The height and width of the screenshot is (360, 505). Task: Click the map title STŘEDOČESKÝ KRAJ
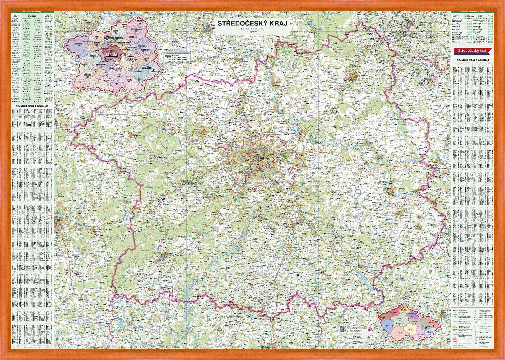(x=253, y=24)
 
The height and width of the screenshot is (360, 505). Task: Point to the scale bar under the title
(x=253, y=29)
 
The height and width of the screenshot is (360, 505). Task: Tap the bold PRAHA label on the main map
(x=262, y=158)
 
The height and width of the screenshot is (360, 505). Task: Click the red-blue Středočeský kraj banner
(x=472, y=50)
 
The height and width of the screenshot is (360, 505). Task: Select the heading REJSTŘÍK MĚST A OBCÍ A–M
(x=33, y=106)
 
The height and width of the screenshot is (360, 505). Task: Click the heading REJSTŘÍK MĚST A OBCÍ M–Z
(x=472, y=59)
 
